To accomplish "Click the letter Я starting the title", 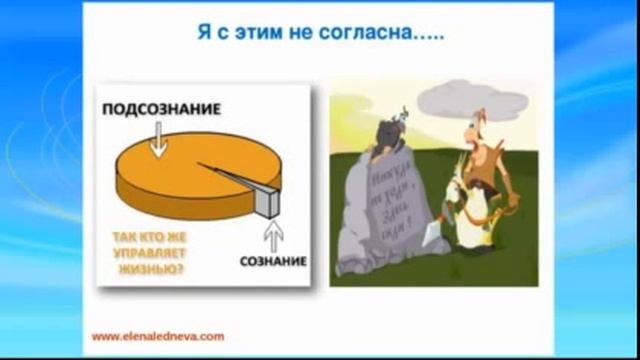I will (200, 33).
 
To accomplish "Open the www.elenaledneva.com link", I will (158, 336).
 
